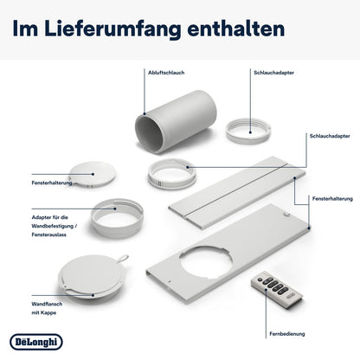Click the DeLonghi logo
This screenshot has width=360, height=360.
tap(36, 342)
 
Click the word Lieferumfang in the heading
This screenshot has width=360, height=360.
tap(113, 29)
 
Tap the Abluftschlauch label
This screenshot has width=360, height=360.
tap(166, 73)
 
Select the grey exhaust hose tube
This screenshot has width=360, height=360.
tap(176, 121)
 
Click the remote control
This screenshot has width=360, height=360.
tap(277, 289)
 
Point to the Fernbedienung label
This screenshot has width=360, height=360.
tap(287, 334)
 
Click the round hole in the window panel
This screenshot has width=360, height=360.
tap(205, 262)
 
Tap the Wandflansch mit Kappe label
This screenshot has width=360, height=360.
tap(47, 308)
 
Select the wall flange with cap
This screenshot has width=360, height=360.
tap(93, 275)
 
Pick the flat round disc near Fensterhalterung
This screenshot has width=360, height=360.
tap(93, 174)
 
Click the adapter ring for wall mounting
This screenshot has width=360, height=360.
tap(117, 218)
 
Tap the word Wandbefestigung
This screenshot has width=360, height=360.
tap(53, 226)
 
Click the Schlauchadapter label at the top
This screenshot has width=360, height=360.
tap(273, 73)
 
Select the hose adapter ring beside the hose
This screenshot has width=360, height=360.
tap(248, 132)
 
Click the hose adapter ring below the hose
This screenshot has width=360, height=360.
tap(172, 174)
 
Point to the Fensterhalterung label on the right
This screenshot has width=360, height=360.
tap(332, 199)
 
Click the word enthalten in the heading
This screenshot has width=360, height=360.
tap(236, 29)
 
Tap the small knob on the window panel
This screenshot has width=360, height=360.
tap(286, 214)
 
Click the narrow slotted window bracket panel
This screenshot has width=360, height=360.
tap(237, 192)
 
